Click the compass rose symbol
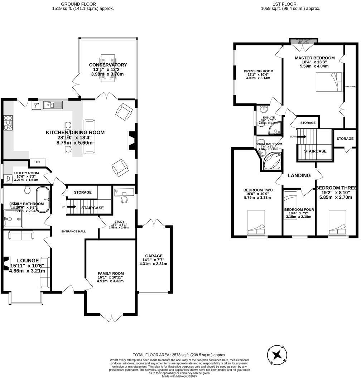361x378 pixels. pos(276,355)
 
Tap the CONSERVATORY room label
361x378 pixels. pos(108,65)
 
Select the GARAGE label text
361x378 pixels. pos(154,256)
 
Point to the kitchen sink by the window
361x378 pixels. pos(53,105)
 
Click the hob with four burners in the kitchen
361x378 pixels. pos(8,123)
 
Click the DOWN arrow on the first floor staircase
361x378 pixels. pos(302,136)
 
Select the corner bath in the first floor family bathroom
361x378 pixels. pos(273,162)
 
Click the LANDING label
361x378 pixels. pos(299,175)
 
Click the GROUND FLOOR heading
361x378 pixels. pos(83,4)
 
